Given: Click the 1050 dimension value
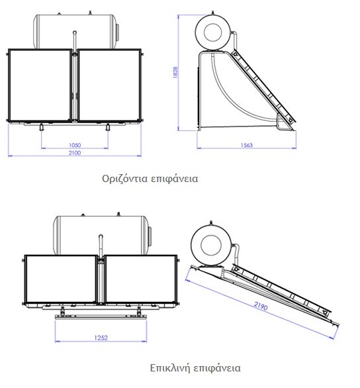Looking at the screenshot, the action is pyautogui.click(x=75, y=145).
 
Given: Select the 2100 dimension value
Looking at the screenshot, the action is pyautogui.click(x=75, y=153).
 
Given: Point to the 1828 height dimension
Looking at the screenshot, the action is pyautogui.click(x=175, y=72).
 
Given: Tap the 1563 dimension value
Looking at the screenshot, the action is pyautogui.click(x=247, y=145).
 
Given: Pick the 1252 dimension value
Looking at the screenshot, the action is pyautogui.click(x=101, y=338).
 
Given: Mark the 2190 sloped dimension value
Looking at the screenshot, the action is pyautogui.click(x=261, y=306).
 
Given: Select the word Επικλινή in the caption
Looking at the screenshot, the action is pyautogui.click(x=170, y=368).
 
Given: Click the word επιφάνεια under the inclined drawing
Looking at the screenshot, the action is pyautogui.click(x=217, y=368).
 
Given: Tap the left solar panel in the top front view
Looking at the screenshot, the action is pyautogui.click(x=40, y=85).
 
